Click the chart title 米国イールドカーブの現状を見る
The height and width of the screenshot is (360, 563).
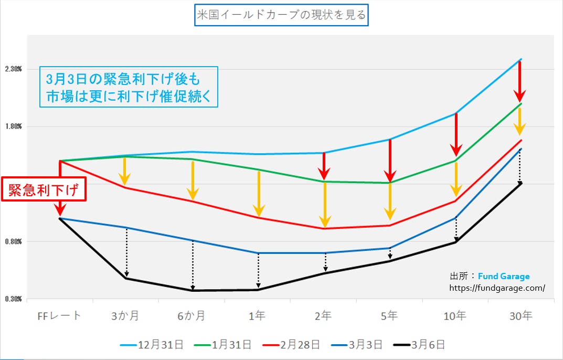click(x=281, y=15)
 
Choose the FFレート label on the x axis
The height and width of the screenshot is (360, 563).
click(x=60, y=316)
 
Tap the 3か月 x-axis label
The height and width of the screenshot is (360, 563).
click(x=125, y=316)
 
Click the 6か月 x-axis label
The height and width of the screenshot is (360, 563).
click(x=192, y=316)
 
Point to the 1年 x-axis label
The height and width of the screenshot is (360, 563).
click(x=258, y=316)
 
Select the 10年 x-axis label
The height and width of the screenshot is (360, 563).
click(x=454, y=316)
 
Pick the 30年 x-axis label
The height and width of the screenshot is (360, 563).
click(x=520, y=316)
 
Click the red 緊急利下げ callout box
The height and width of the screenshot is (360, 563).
click(x=44, y=190)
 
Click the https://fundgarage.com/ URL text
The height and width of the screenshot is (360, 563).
click(x=497, y=288)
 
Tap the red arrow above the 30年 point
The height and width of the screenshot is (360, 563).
click(x=519, y=81)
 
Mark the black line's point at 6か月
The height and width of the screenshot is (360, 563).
click(x=193, y=290)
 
